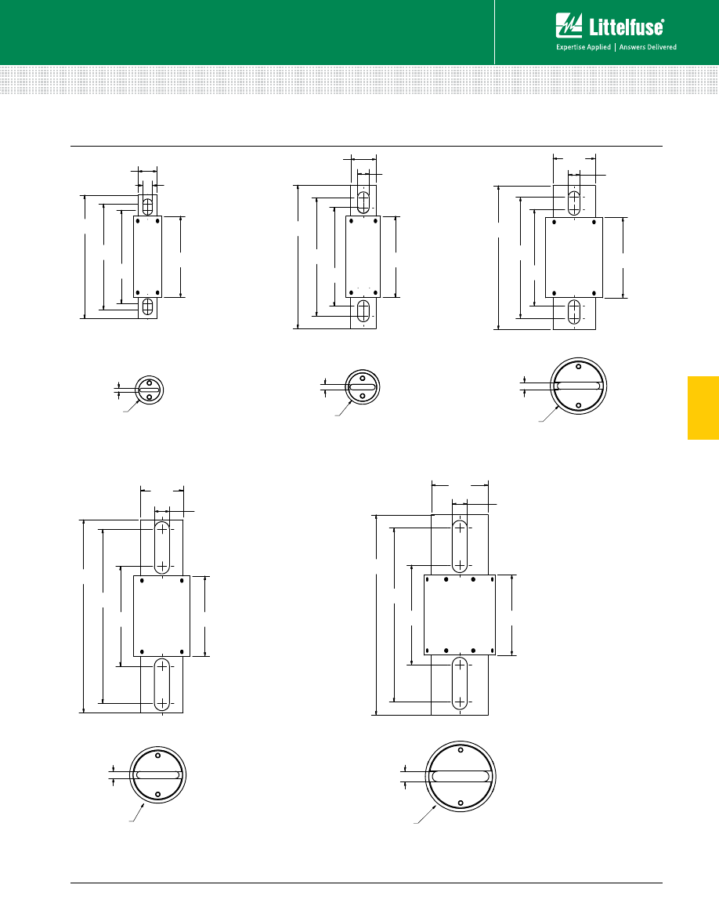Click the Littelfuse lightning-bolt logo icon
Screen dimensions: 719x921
click(x=569, y=26)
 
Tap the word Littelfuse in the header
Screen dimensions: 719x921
click(x=626, y=27)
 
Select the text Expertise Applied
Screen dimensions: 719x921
click(x=584, y=47)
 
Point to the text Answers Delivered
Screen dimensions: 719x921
click(x=648, y=47)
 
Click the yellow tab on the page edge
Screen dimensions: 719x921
click(x=703, y=408)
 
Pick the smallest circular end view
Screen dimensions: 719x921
click(x=149, y=390)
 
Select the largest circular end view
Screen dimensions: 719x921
click(x=461, y=777)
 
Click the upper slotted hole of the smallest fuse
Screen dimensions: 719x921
click(x=148, y=205)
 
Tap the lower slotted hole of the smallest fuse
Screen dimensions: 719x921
click(x=148, y=306)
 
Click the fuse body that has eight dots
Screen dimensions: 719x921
click(x=460, y=615)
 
